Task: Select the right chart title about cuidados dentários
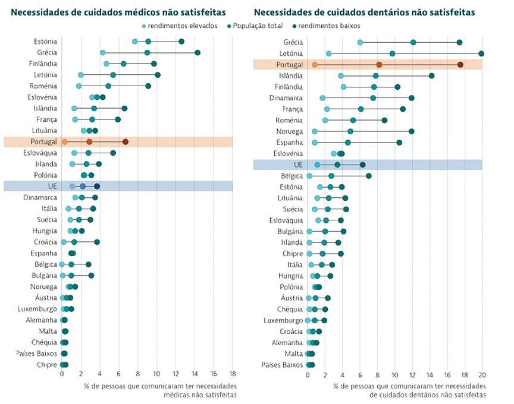point(364,11)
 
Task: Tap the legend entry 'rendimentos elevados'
point(177,26)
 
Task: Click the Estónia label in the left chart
point(45,42)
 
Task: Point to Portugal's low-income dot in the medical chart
point(125,142)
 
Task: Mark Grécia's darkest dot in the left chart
point(198,53)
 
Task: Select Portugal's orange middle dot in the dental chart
point(379,64)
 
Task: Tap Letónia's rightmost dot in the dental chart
point(481,53)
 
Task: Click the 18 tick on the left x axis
point(231,375)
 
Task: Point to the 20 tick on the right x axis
point(482,375)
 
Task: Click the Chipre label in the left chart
point(47,365)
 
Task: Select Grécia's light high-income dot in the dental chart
point(360,42)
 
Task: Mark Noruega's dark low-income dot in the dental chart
point(411,131)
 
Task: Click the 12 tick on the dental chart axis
point(412,375)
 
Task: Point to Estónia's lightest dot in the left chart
point(135,42)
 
